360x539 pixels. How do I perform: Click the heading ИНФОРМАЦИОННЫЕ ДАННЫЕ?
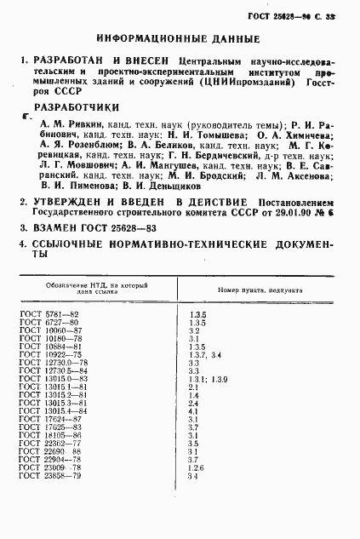[x=178, y=39]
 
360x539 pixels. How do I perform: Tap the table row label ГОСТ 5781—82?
[x=49, y=315]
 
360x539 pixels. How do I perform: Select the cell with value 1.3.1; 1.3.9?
[x=208, y=378]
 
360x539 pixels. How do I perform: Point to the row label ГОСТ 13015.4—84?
[x=54, y=410]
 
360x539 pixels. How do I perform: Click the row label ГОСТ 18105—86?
[x=49, y=435]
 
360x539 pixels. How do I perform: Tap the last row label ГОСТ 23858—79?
[x=49, y=475]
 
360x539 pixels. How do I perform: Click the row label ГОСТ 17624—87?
[x=49, y=419]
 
